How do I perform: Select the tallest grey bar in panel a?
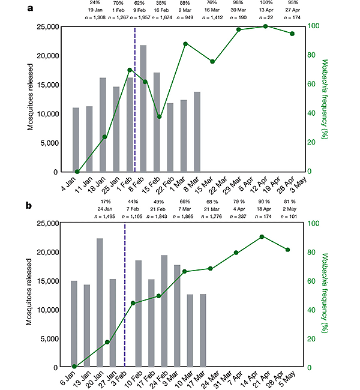143,108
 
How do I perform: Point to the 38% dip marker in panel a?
159,116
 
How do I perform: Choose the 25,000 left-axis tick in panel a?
47,26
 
